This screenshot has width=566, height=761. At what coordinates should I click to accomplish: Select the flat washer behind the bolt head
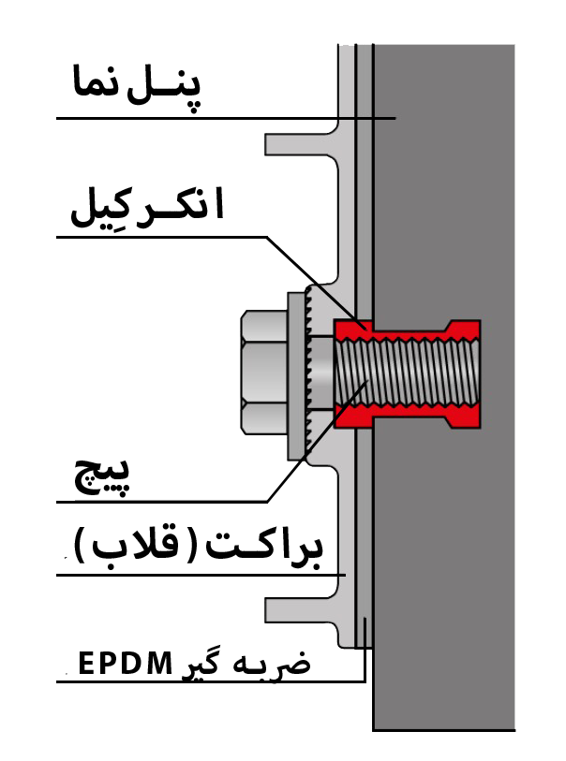click(295, 374)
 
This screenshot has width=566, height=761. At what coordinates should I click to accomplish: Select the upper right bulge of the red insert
click(464, 329)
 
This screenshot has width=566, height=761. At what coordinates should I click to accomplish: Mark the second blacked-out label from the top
click(145, 210)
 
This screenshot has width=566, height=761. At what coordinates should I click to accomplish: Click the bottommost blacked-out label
click(187, 662)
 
